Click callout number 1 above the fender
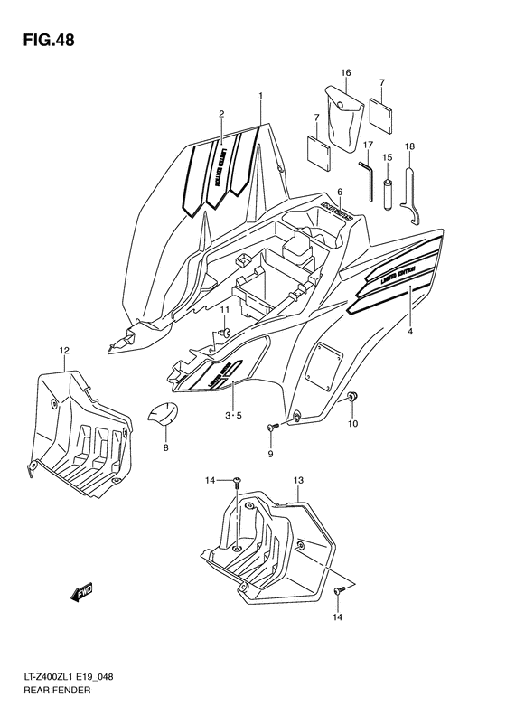[x=260, y=96]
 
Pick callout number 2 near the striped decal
[x=220, y=114]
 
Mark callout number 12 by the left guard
[x=64, y=350]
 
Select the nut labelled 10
[x=352, y=398]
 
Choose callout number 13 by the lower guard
[x=298, y=483]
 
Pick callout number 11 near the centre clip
[x=225, y=311]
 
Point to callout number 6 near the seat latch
[x=340, y=192]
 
